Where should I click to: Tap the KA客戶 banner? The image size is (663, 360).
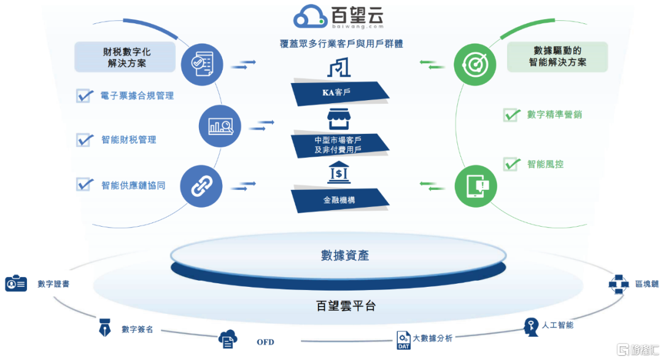click(339, 93)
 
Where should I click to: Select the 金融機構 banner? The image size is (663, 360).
click(339, 200)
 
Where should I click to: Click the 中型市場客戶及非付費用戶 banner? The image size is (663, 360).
click(339, 145)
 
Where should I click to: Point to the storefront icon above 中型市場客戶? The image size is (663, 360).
click(339, 119)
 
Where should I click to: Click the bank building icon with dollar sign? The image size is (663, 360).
click(339, 172)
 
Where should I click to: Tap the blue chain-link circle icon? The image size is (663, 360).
click(201, 186)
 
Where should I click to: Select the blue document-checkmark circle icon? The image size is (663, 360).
click(202, 65)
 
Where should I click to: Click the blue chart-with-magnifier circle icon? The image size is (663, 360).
click(220, 126)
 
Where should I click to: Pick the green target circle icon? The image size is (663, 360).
click(475, 65)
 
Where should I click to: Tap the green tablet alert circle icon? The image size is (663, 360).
click(476, 186)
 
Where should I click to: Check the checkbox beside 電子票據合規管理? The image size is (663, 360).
click(85, 96)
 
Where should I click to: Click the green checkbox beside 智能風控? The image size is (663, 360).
click(511, 164)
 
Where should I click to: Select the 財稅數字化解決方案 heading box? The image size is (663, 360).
click(125, 57)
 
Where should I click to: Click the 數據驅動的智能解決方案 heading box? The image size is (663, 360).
click(557, 57)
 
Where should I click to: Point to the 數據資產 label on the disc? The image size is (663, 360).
click(344, 256)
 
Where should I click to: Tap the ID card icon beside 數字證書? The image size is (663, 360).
click(16, 283)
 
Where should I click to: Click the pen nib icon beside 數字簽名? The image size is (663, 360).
click(104, 327)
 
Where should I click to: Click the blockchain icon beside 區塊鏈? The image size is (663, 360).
click(619, 284)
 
